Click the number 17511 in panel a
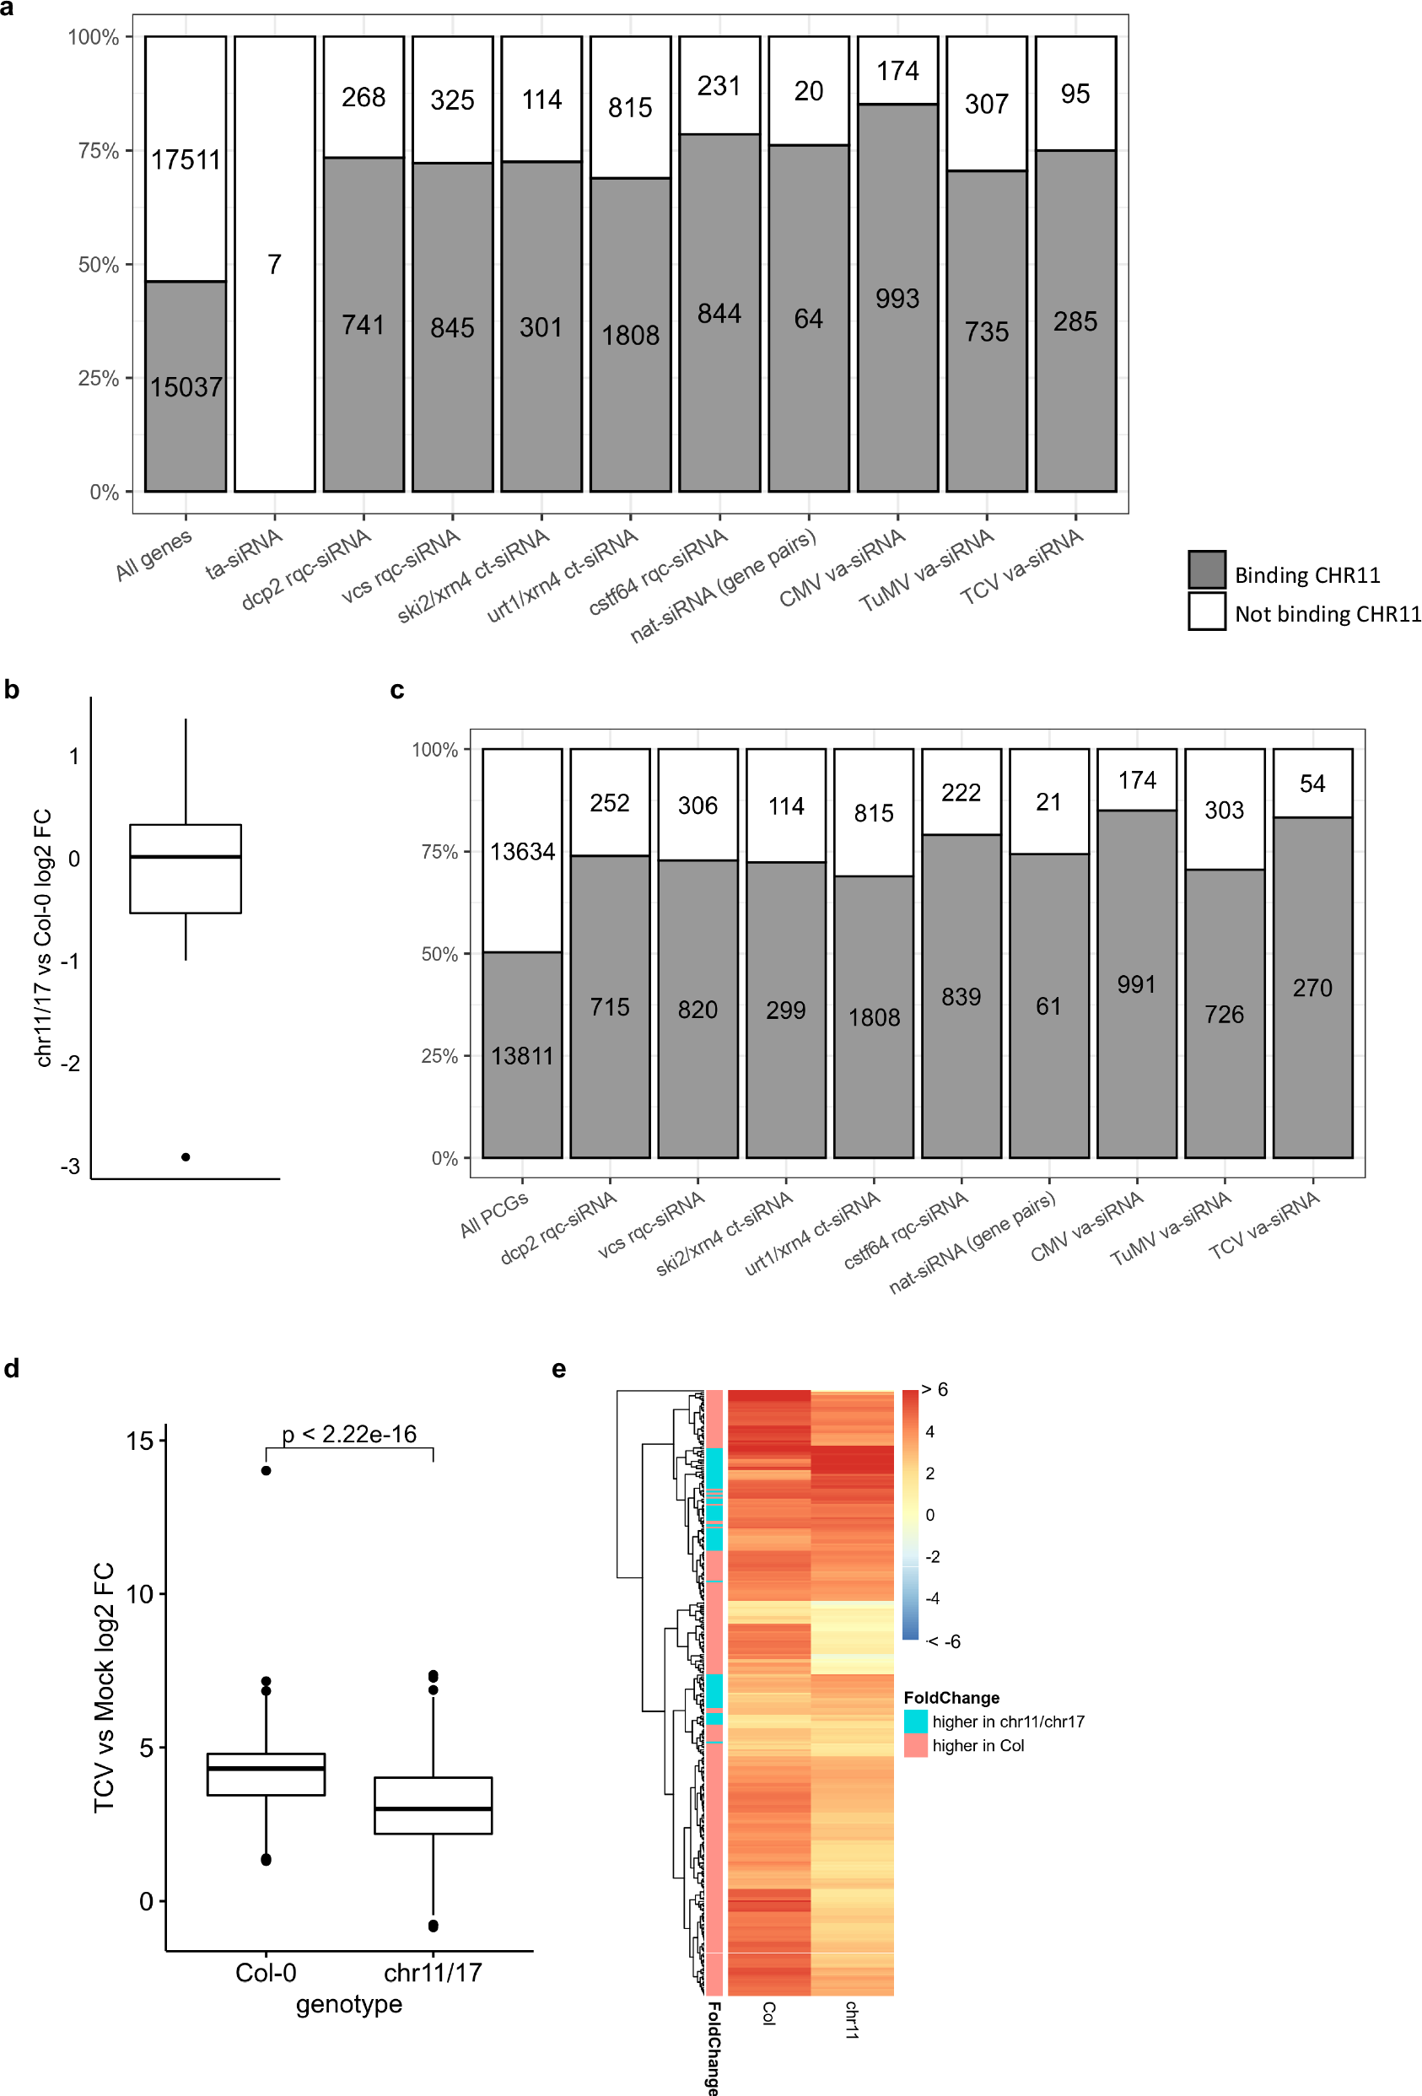pos(186,159)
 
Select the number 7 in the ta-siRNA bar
pos(274,264)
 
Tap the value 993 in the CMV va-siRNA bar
pos(897,299)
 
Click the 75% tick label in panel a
pos(99,151)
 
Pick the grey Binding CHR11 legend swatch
pos(1205,570)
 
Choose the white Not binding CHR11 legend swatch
pos(1205,611)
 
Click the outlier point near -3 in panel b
pos(186,1156)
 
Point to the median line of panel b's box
pos(186,856)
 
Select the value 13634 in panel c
pos(522,850)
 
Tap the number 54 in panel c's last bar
pos(1312,784)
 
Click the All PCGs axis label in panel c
pos(494,1214)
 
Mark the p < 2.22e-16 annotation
pos(349,1434)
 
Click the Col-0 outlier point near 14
pos(266,1470)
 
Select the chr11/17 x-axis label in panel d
pos(433,1973)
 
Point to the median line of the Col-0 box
pos(266,1768)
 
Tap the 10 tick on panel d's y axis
pos(140,1594)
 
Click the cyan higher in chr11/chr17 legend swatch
pos(915,1721)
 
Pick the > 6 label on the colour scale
pos(935,1390)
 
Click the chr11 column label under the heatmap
pos(851,2019)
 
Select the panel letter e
pos(559,1369)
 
